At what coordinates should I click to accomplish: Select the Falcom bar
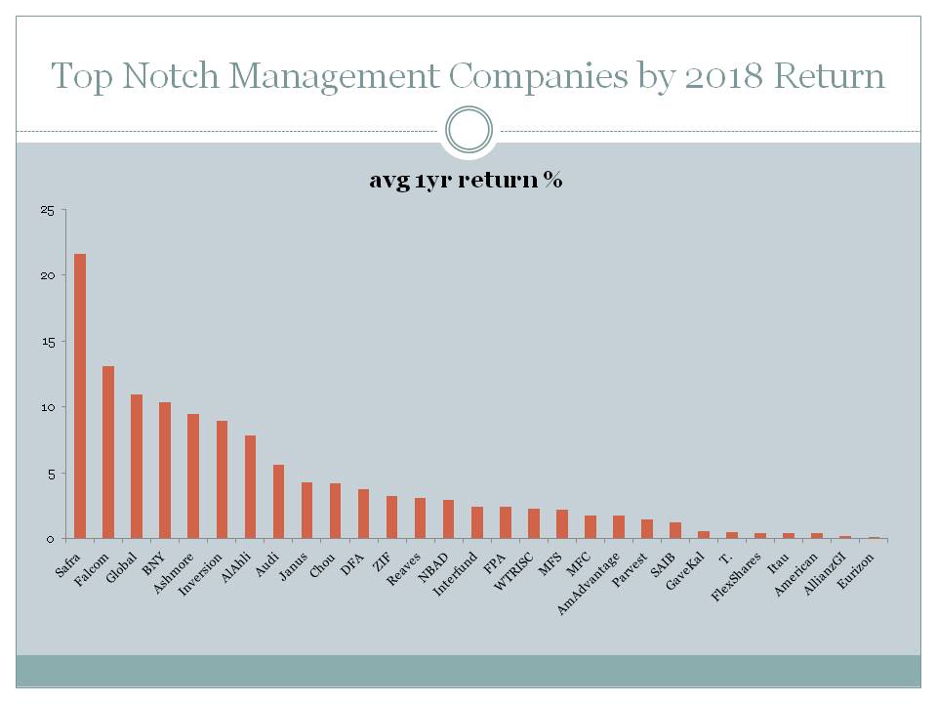click(x=108, y=452)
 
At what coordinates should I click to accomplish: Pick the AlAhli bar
click(x=250, y=487)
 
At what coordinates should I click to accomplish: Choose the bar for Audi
click(x=278, y=502)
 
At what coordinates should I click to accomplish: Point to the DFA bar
click(x=363, y=514)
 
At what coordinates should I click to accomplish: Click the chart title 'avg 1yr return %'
click(x=466, y=181)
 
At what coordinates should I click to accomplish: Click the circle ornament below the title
click(x=468, y=130)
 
